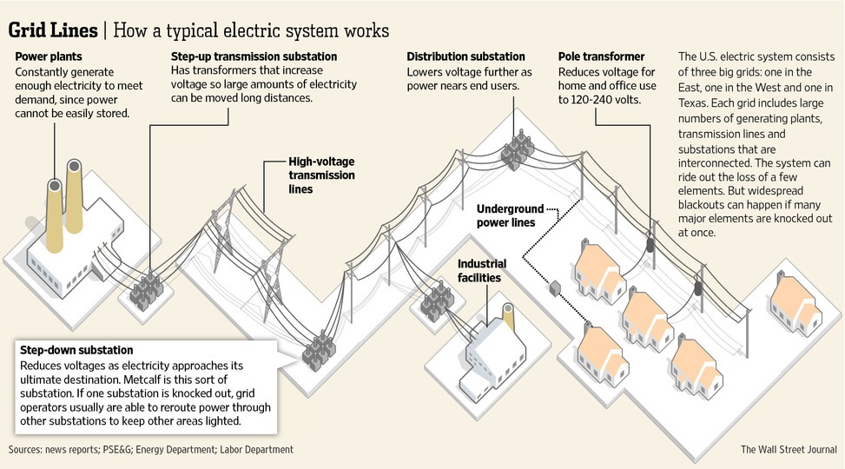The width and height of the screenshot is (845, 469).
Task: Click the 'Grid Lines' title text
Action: [53, 30]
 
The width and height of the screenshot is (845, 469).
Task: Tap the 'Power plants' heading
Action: [49, 56]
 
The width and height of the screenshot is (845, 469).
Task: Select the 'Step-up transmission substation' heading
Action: [254, 56]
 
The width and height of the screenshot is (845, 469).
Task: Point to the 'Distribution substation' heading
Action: [465, 56]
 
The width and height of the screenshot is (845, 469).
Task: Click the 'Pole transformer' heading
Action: [602, 56]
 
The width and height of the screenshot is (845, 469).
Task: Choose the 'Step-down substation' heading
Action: [76, 350]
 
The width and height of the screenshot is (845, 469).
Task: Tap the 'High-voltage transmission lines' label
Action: [321, 175]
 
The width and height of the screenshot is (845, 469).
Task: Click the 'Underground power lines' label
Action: [510, 215]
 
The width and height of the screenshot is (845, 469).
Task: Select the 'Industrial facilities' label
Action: [482, 271]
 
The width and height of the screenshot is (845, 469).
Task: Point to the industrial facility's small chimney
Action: [508, 318]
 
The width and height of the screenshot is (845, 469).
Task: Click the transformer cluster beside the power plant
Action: [146, 292]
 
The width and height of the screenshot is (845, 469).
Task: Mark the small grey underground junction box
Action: [555, 288]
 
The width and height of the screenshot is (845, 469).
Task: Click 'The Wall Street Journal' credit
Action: [789, 449]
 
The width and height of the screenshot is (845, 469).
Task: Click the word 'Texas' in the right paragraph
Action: [692, 103]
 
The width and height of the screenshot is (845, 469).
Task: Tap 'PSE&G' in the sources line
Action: [116, 450]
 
